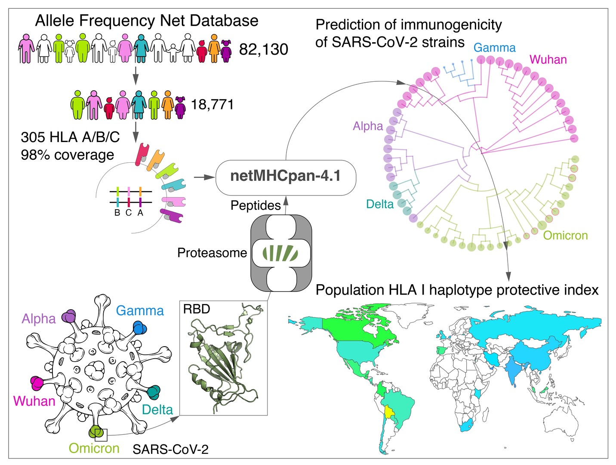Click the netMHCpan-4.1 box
[286, 177]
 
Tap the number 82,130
[263, 50]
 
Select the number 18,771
[212, 105]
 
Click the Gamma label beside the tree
[494, 48]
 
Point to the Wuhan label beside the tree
[548, 59]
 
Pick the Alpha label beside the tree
[368, 126]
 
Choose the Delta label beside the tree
[379, 204]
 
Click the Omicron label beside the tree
[565, 236]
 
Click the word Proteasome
[212, 253]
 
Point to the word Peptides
[256, 205]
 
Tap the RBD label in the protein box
[197, 309]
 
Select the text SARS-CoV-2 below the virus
[170, 449]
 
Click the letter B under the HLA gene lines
[117, 213]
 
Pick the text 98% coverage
[68, 155]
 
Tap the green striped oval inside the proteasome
[280, 253]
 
